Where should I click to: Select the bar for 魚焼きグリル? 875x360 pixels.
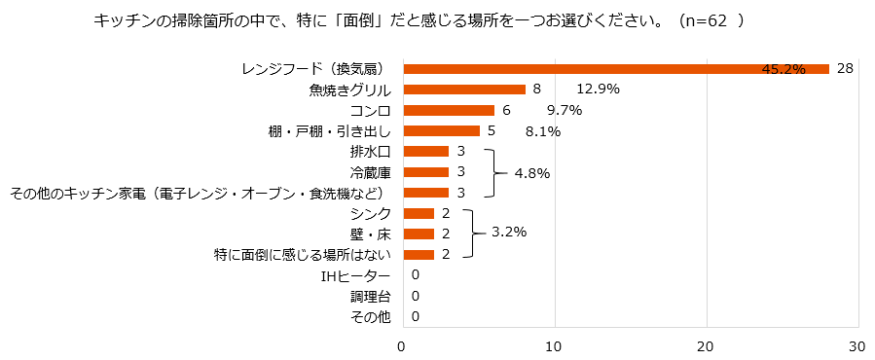coord(463,90)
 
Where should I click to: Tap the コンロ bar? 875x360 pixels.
coord(448,110)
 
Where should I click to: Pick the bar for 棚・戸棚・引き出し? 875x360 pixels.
coord(441,130)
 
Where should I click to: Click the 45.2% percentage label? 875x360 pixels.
coord(784,69)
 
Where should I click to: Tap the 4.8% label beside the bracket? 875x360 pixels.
coord(530,172)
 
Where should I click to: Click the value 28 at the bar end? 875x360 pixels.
coord(845,68)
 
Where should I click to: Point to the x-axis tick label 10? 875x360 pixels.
coord(554,345)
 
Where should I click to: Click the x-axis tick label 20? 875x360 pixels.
coord(706,345)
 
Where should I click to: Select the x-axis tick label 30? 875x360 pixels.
coord(857,345)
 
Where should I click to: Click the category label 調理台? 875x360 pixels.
coord(370,296)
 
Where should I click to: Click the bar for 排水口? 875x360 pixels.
coord(425,152)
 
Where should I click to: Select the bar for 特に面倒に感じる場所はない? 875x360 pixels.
coord(418,254)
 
